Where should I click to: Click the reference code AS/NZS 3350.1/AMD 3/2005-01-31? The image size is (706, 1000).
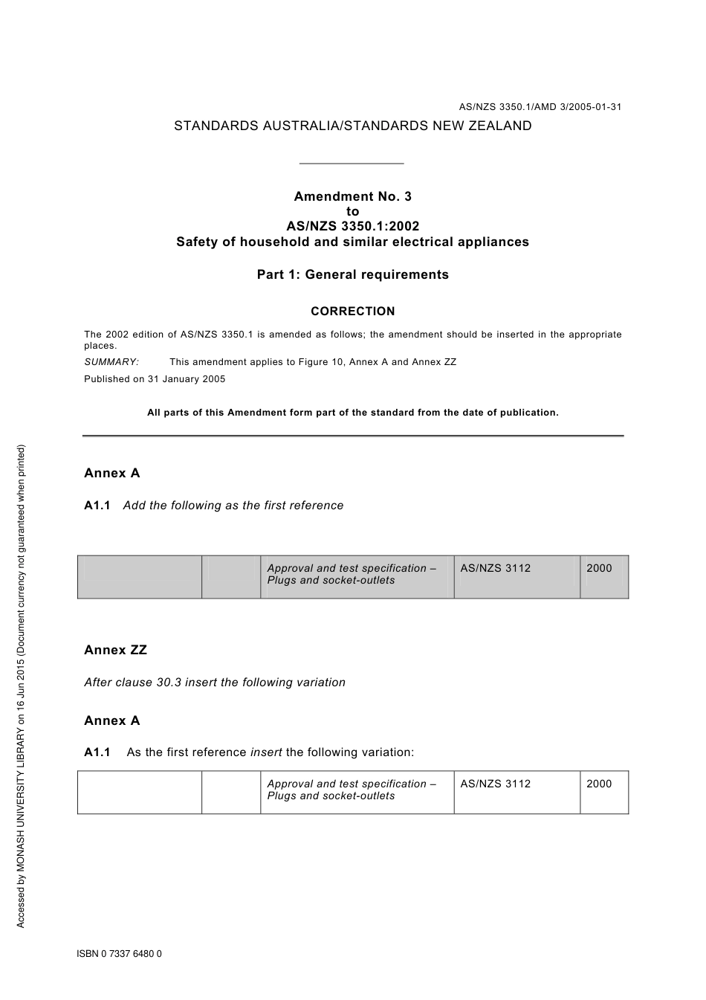(x=540, y=106)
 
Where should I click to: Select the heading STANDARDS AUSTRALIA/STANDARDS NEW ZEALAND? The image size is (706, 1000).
(x=352, y=126)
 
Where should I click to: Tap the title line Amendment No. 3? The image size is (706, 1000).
(x=352, y=196)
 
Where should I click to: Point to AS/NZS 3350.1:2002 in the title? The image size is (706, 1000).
(x=352, y=226)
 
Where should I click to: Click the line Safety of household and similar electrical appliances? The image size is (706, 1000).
(x=352, y=242)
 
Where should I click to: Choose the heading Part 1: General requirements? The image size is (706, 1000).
(x=352, y=274)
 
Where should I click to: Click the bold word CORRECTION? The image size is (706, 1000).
(x=352, y=311)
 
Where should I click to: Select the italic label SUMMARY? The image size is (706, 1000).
(x=111, y=362)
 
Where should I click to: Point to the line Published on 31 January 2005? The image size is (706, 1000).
(x=155, y=378)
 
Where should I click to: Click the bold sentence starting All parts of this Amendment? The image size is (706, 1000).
(x=352, y=412)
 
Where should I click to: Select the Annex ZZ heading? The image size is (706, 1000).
(x=115, y=650)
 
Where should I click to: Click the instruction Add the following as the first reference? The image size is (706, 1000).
(x=233, y=506)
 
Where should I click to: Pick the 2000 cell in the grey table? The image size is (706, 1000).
(x=599, y=568)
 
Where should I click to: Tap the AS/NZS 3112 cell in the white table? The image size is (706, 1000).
(x=495, y=784)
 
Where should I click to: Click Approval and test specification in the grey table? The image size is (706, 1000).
(x=347, y=568)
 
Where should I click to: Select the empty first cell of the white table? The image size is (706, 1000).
(x=139, y=792)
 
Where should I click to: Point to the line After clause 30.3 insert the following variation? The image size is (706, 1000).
(x=214, y=683)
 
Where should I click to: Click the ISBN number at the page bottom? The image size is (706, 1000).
(x=119, y=954)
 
